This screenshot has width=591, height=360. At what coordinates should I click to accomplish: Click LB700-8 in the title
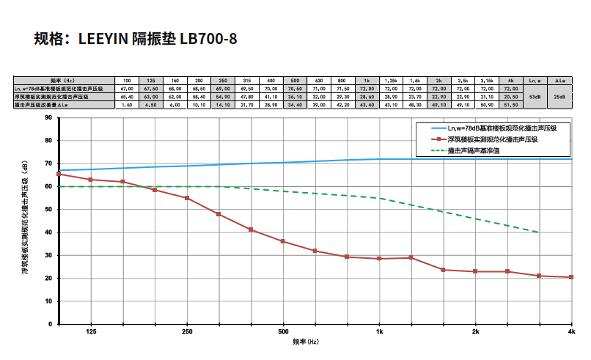209,38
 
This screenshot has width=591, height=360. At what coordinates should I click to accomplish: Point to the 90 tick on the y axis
48,117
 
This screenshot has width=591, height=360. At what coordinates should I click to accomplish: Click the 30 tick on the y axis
48,255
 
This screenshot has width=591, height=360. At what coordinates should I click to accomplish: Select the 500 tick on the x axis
283,332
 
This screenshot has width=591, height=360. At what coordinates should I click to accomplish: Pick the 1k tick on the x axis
379,332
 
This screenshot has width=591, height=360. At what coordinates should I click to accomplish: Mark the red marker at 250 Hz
187,198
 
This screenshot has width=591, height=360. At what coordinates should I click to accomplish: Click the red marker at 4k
571,277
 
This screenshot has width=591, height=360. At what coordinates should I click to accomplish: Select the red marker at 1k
379,259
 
